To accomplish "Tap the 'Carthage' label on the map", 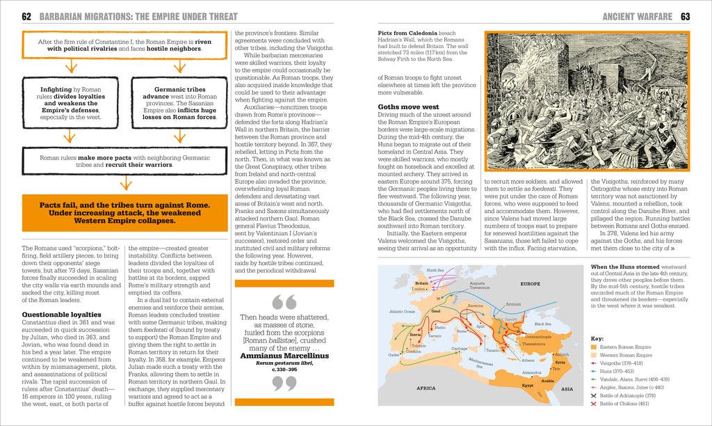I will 459,348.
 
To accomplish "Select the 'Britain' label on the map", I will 421,283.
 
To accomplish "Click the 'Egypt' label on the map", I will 527,384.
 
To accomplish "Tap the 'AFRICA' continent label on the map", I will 425,388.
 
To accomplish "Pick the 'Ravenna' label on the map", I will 476,306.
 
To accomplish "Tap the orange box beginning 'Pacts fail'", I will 123,213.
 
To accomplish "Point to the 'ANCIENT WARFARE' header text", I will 637,16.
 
